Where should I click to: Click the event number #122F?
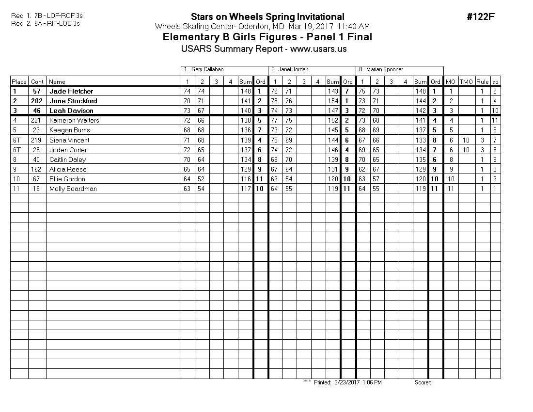click(480, 17)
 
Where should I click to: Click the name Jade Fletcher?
click(71, 91)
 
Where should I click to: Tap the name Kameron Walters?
click(74, 120)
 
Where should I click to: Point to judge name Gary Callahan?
click(207, 69)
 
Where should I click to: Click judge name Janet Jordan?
click(293, 69)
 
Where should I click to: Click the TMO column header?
click(466, 82)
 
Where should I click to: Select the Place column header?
click(19, 82)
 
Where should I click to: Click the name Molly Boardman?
click(73, 189)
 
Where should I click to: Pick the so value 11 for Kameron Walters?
click(495, 120)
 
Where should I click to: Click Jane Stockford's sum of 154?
click(333, 101)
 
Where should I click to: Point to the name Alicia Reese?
click(68, 169)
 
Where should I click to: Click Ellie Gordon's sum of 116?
click(246, 179)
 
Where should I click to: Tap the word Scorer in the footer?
click(423, 382)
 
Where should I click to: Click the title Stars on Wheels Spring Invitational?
click(267, 17)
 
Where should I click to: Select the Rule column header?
click(482, 82)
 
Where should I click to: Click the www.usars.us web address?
click(318, 48)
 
